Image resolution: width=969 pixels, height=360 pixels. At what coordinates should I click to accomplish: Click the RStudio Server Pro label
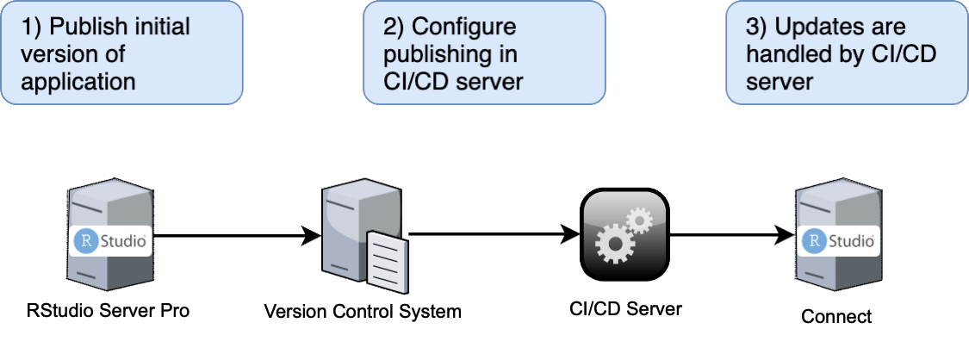(x=107, y=311)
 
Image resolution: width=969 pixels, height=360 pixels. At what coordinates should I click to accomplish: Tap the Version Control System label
(x=362, y=312)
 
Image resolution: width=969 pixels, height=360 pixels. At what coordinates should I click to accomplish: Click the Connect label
(x=836, y=316)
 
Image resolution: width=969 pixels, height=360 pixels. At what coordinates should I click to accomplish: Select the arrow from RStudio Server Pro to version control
(x=233, y=233)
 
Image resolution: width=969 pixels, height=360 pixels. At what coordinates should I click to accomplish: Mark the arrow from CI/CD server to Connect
(x=732, y=233)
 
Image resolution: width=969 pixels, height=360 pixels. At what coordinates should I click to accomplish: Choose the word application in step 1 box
(x=78, y=82)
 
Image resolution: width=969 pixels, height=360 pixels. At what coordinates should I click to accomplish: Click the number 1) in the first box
(x=32, y=27)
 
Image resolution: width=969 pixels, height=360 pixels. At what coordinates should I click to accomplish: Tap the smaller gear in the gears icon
(x=639, y=220)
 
